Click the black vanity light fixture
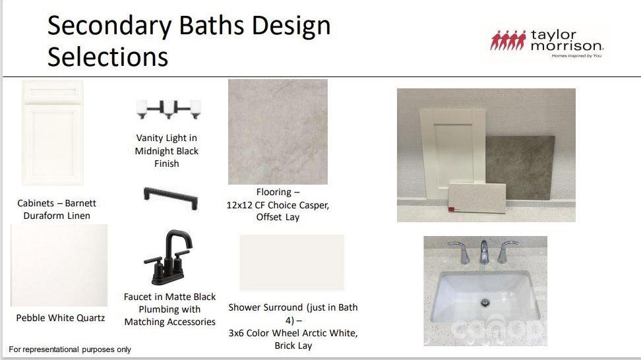click(168, 109)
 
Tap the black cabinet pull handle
click(171, 198)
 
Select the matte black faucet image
click(168, 257)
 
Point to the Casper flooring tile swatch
click(278, 132)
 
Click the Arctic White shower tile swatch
click(292, 262)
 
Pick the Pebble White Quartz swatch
click(59, 265)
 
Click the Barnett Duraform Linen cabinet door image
click(52, 133)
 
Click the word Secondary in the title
click(109, 26)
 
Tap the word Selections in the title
click(108, 57)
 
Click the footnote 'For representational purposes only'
click(70, 349)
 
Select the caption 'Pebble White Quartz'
click(61, 318)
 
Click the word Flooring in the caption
click(274, 192)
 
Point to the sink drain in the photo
click(485, 303)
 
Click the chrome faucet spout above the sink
click(483, 251)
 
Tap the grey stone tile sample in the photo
click(520, 167)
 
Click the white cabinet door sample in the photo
click(453, 153)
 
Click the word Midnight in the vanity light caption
click(152, 151)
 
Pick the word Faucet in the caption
click(137, 297)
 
